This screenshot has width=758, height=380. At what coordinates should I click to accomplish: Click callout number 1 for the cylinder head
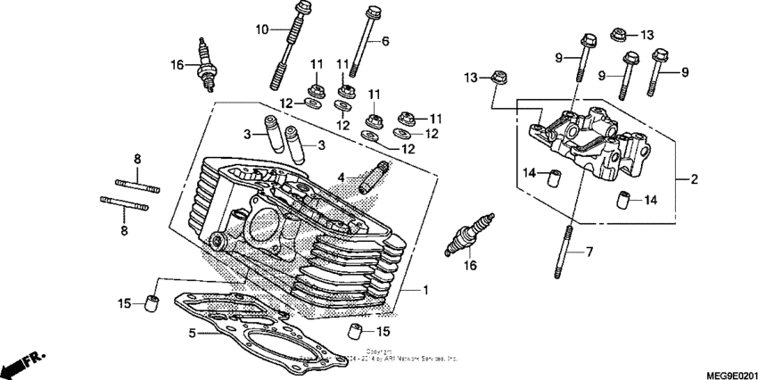click(x=425, y=291)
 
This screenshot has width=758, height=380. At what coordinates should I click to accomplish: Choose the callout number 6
click(x=385, y=41)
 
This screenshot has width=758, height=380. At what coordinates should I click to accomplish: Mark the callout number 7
click(x=589, y=252)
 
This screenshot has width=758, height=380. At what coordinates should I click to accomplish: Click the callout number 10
click(x=261, y=30)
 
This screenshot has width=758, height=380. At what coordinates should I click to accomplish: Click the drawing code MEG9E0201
click(x=725, y=371)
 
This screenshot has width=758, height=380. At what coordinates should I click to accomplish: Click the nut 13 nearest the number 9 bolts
click(x=616, y=34)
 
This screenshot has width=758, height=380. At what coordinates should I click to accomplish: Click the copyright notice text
click(x=392, y=355)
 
